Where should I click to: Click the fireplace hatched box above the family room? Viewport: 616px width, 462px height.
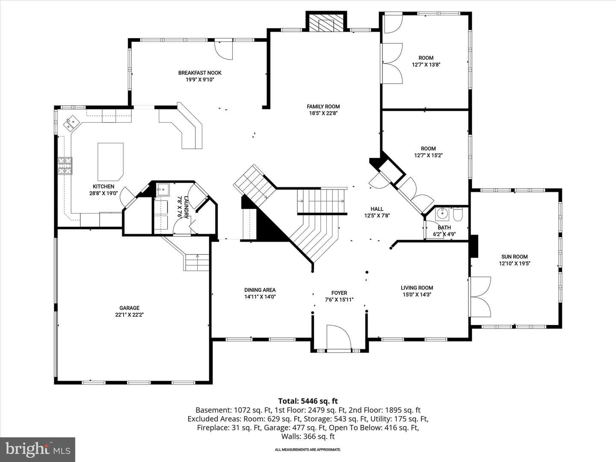pyautogui.click(x=326, y=22)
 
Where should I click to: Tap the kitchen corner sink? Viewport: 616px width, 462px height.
pyautogui.click(x=71, y=124)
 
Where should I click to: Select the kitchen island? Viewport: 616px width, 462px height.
pyautogui.click(x=110, y=162)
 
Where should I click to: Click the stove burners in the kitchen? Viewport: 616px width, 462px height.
pyautogui.click(x=65, y=166)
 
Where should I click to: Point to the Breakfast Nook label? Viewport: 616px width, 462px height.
pyautogui.click(x=200, y=73)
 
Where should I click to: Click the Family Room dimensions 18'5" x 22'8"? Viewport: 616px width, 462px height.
pyautogui.click(x=323, y=113)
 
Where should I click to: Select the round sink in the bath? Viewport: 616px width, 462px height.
pyautogui.click(x=442, y=214)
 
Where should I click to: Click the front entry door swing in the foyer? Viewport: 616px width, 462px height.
pyautogui.click(x=339, y=337)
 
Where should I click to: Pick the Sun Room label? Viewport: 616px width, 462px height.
pyautogui.click(x=515, y=257)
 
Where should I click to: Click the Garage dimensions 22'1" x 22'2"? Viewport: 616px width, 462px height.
pyautogui.click(x=129, y=315)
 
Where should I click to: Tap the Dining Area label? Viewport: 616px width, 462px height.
pyautogui.click(x=260, y=290)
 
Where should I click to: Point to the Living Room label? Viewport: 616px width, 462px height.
pyautogui.click(x=417, y=288)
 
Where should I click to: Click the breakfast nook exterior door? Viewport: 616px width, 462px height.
pyautogui.click(x=224, y=50)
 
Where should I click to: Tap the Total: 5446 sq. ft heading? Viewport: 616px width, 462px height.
pyautogui.click(x=308, y=401)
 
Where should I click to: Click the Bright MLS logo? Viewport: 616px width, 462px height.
pyautogui.click(x=38, y=449)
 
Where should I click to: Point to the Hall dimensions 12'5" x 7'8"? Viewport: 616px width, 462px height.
pyautogui.click(x=377, y=216)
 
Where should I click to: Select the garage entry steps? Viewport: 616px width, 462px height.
pyautogui.click(x=196, y=262)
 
